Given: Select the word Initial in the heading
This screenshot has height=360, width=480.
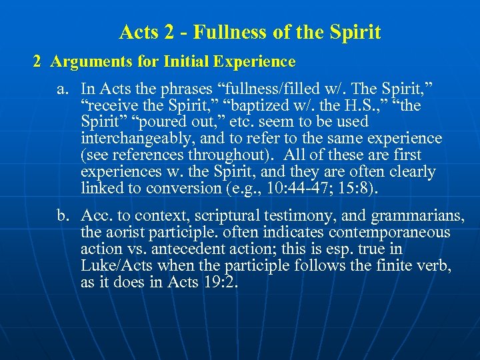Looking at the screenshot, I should point(185,62).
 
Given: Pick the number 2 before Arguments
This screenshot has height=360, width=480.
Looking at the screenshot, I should point(38,62).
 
